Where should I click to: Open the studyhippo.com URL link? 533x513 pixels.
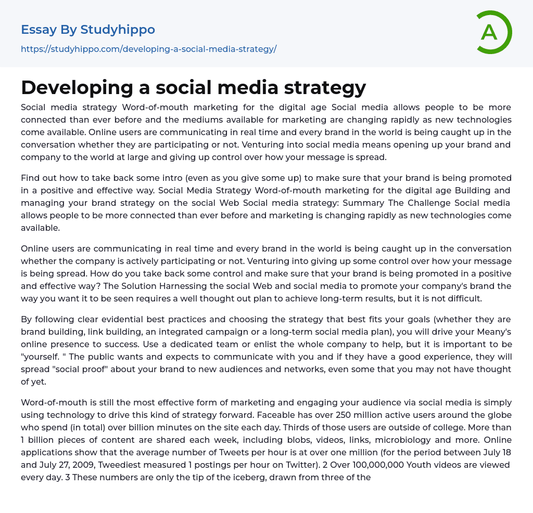point(148,49)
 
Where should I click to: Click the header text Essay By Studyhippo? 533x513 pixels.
point(88,30)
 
